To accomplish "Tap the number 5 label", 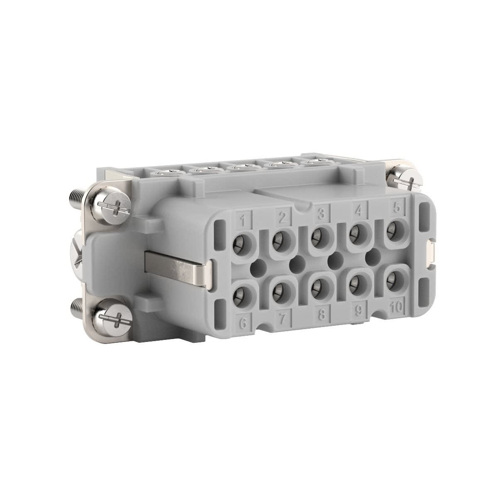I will [x=397, y=208].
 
